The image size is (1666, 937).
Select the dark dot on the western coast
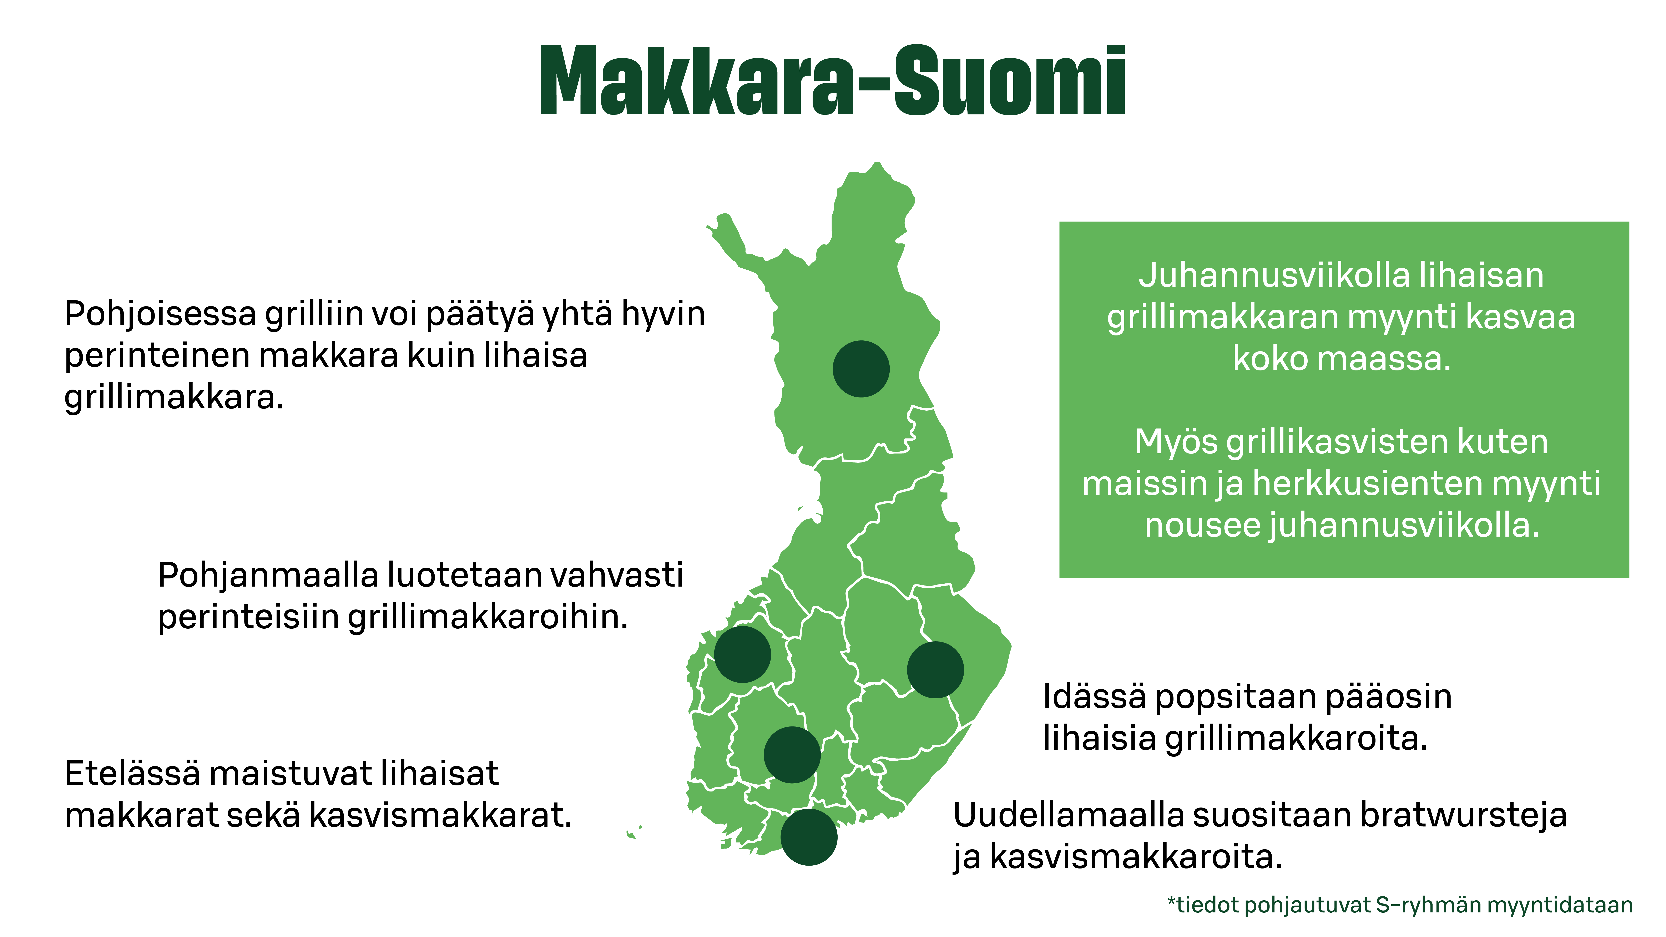coord(742,654)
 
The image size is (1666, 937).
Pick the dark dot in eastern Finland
coord(935,669)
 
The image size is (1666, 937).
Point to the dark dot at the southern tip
coord(808,837)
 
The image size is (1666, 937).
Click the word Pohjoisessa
coord(160,315)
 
